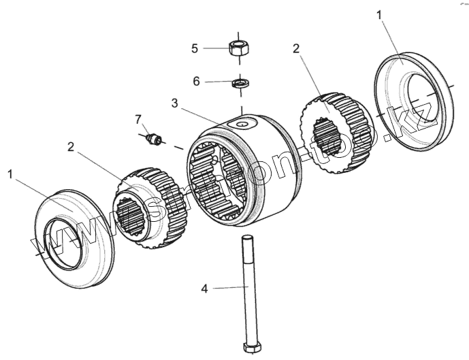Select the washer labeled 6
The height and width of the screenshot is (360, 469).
pyautogui.click(x=240, y=84)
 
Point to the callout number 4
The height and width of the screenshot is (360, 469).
pyautogui.click(x=204, y=289)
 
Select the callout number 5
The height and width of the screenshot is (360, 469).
pyautogui.click(x=195, y=48)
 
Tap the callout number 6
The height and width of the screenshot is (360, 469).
pyautogui.click(x=196, y=81)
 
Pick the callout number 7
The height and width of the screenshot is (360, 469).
pyautogui.click(x=138, y=120)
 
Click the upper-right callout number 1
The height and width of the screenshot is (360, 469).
pyautogui.click(x=380, y=15)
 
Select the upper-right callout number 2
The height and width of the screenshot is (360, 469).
pyautogui.click(x=296, y=48)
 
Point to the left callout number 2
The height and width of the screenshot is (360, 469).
pyautogui.click(x=71, y=146)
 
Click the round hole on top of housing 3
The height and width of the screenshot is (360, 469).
pyautogui.click(x=242, y=125)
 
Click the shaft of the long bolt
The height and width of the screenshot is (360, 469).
pyautogui.click(x=247, y=286)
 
